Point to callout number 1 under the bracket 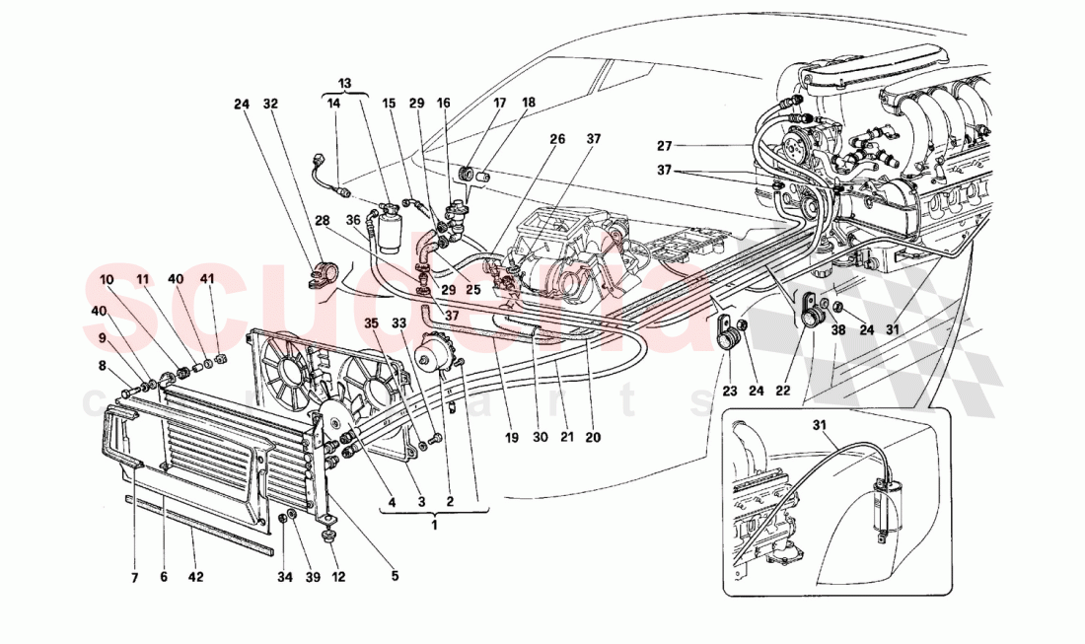coord(434,523)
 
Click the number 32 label coord(271,103)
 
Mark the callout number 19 coord(512,435)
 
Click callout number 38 coord(839,331)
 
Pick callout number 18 coord(529,103)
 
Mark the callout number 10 coord(107,280)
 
